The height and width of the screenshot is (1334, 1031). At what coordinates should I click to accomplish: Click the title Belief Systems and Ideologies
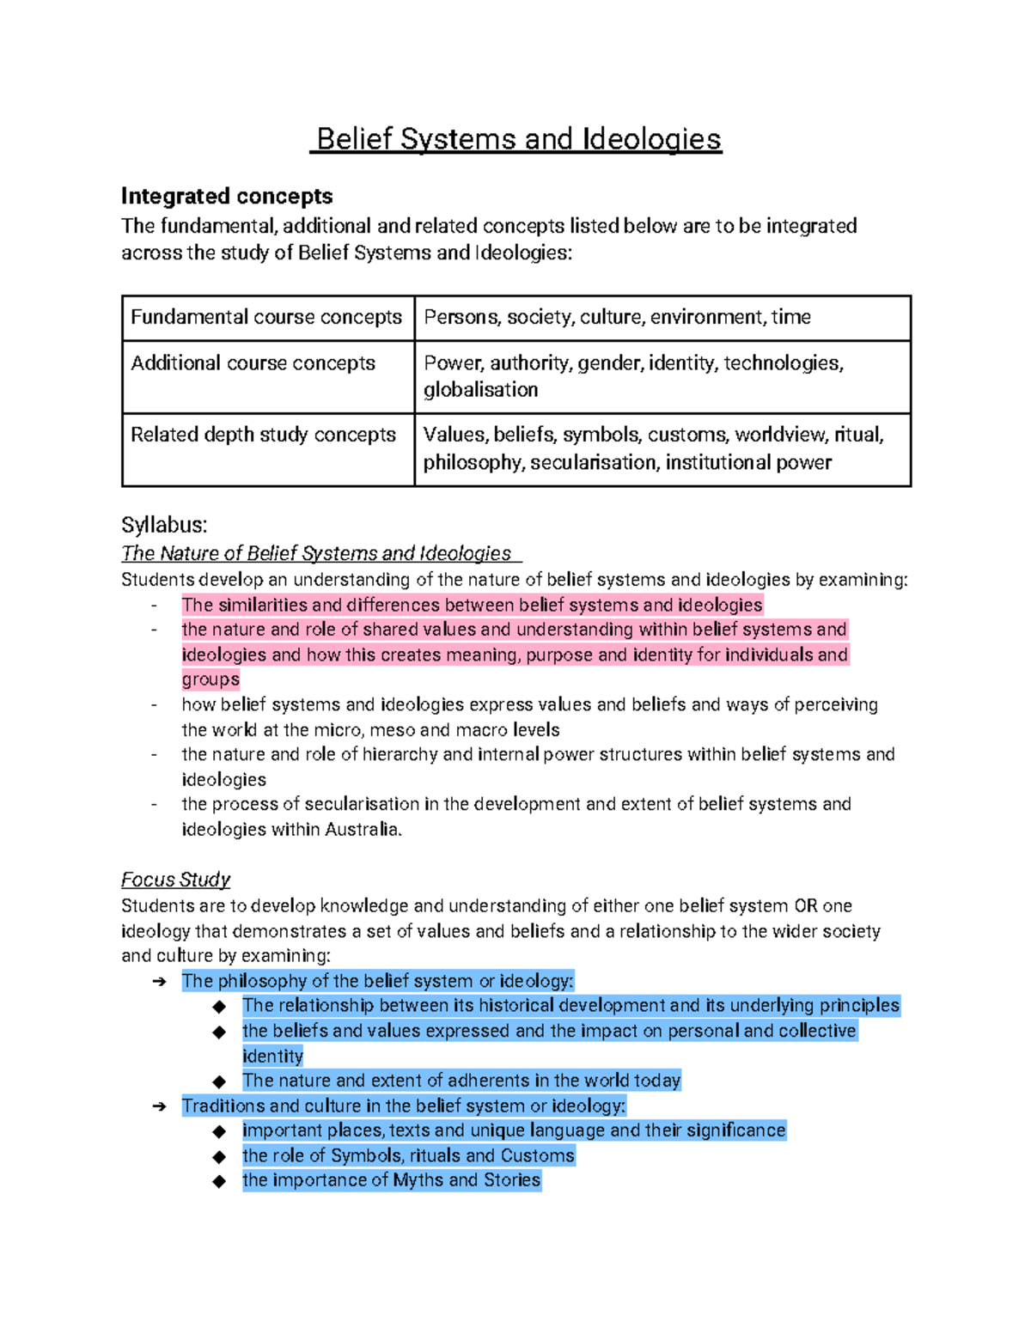tap(518, 139)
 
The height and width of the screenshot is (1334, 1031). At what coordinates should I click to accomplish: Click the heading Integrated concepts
tap(227, 196)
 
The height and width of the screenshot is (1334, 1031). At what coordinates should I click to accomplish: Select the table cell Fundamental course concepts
tap(266, 317)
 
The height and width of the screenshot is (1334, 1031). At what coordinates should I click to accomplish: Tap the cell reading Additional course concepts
tap(253, 362)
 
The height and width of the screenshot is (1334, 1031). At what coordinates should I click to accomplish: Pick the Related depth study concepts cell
tap(263, 435)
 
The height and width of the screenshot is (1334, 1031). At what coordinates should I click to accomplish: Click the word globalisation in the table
tap(480, 390)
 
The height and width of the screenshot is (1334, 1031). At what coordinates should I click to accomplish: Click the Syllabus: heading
tap(164, 525)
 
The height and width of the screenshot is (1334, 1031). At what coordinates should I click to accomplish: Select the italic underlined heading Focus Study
tap(175, 880)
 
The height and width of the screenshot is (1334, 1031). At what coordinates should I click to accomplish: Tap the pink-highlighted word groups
tap(210, 679)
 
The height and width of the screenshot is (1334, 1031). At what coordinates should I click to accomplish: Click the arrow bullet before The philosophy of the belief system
tap(159, 982)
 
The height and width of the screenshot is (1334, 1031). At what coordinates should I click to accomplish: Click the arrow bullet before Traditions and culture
tap(159, 1106)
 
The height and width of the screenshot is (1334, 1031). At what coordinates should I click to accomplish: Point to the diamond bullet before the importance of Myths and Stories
tap(220, 1181)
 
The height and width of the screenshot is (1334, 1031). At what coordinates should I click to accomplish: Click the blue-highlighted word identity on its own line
tap(272, 1056)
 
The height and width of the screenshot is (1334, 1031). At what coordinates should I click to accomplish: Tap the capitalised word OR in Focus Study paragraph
tap(805, 906)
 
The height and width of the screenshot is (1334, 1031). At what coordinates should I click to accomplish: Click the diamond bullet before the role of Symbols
tap(220, 1156)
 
